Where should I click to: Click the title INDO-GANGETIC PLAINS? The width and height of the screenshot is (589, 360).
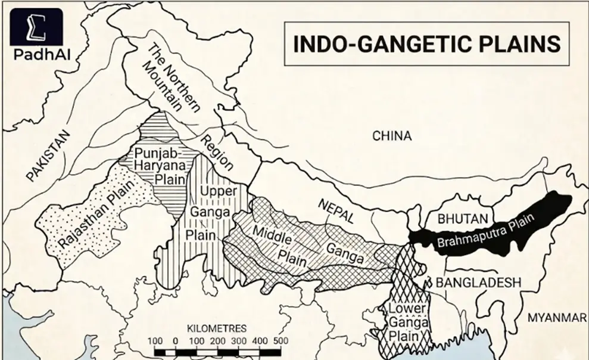coord(424,45)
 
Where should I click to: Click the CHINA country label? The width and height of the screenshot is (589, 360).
coord(392,136)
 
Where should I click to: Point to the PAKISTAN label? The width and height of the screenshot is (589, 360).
coord(48,156)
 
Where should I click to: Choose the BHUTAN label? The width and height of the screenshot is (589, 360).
coord(463,219)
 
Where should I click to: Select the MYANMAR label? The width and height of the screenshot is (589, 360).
coord(557,318)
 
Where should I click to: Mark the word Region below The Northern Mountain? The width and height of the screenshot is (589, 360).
coord(216,153)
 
